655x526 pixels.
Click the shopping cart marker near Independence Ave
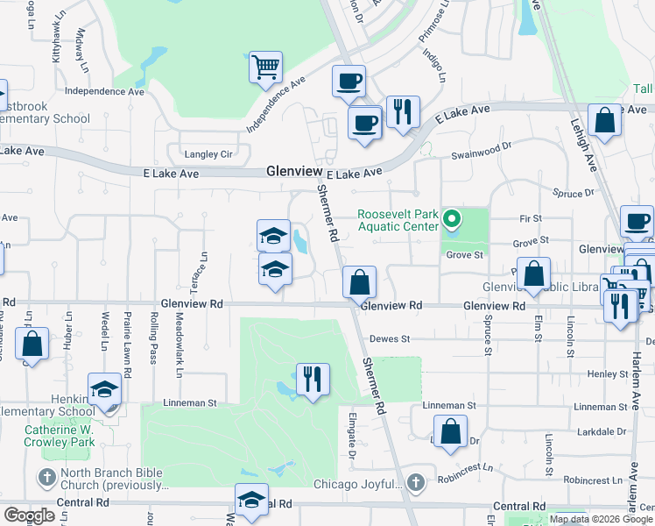[x=265, y=67]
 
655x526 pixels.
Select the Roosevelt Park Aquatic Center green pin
[x=452, y=218]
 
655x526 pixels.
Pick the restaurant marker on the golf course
[x=313, y=380]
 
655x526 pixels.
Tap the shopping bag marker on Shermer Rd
[x=359, y=283]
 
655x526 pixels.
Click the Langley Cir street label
[x=208, y=154]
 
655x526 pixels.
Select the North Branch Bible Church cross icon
[x=46, y=476]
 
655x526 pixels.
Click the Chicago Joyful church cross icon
[x=415, y=483]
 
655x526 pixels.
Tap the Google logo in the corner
[x=29, y=515]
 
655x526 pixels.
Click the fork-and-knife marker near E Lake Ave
[x=402, y=111]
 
